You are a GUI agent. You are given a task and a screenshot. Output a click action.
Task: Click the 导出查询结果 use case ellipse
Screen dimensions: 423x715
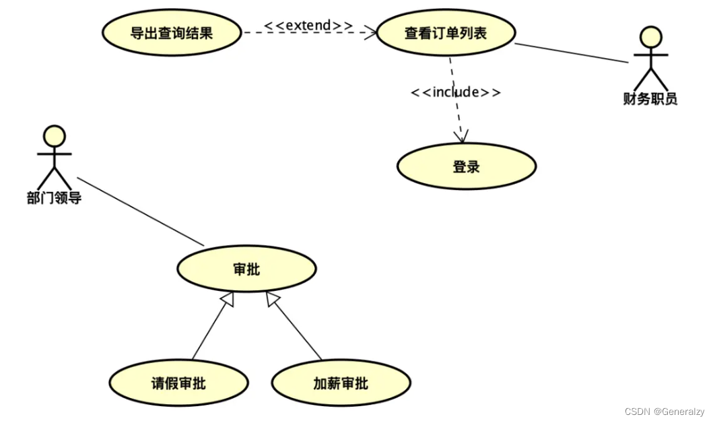171,32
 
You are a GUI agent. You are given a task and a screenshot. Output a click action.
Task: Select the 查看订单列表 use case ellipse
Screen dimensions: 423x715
445,32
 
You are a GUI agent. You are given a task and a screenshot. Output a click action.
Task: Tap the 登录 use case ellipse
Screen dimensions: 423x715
466,166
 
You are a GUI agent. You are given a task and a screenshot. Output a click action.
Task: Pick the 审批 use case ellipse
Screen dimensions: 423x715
246,269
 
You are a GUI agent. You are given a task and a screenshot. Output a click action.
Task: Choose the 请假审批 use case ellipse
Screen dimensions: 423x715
178,383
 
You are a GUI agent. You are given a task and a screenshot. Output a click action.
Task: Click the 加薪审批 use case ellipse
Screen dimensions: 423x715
341,383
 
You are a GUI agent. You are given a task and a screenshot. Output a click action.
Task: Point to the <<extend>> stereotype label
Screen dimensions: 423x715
308,26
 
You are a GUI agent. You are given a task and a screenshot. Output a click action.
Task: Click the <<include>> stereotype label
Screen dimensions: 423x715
456,92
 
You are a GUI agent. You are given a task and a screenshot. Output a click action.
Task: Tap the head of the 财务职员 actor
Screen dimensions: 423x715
650,37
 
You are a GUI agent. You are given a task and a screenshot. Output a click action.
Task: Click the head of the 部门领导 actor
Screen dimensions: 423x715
55,136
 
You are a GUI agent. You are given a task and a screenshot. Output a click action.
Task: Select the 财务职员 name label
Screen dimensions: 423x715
650,100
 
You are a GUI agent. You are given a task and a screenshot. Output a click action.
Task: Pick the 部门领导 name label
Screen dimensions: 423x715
54,199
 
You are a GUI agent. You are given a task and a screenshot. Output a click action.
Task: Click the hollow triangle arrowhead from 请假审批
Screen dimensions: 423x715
228,300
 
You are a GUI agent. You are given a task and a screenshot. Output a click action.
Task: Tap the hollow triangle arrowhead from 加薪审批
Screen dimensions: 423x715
272,300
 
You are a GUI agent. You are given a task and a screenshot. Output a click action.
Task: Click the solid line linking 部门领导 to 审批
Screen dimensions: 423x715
140,211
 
